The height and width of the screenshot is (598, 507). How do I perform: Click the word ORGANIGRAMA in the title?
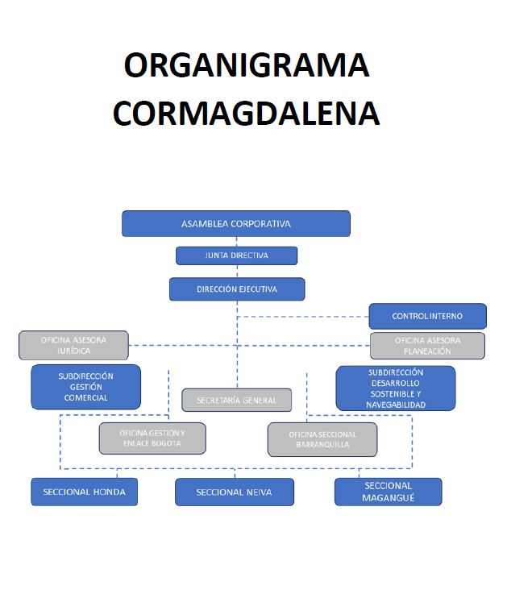(246, 65)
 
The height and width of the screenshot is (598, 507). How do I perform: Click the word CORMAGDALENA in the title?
(246, 113)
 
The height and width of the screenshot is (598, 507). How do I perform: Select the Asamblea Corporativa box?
(236, 223)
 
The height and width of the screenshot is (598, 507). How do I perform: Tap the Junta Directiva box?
(236, 255)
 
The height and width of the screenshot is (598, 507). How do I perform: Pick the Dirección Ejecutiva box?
(236, 289)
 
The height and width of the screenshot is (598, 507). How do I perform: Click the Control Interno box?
(427, 316)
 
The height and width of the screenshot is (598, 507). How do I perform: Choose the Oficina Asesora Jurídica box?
(73, 346)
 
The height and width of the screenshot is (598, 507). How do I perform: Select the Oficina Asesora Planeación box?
(427, 346)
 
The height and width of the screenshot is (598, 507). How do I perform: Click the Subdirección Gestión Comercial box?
(86, 387)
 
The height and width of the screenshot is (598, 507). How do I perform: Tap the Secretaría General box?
(236, 400)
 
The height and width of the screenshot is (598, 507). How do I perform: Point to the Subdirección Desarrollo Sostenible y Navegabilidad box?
(395, 388)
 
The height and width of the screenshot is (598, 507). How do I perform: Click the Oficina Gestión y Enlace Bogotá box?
(152, 438)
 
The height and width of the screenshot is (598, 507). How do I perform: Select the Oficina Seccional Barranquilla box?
(322, 439)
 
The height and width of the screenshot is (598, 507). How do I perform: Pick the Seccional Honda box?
(84, 492)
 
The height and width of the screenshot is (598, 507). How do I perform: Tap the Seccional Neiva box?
(234, 492)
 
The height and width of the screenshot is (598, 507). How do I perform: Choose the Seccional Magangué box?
(388, 492)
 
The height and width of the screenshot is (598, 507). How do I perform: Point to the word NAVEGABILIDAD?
(395, 405)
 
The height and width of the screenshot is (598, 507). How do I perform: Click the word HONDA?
(110, 492)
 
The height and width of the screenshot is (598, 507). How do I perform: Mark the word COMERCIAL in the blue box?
(86, 398)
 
